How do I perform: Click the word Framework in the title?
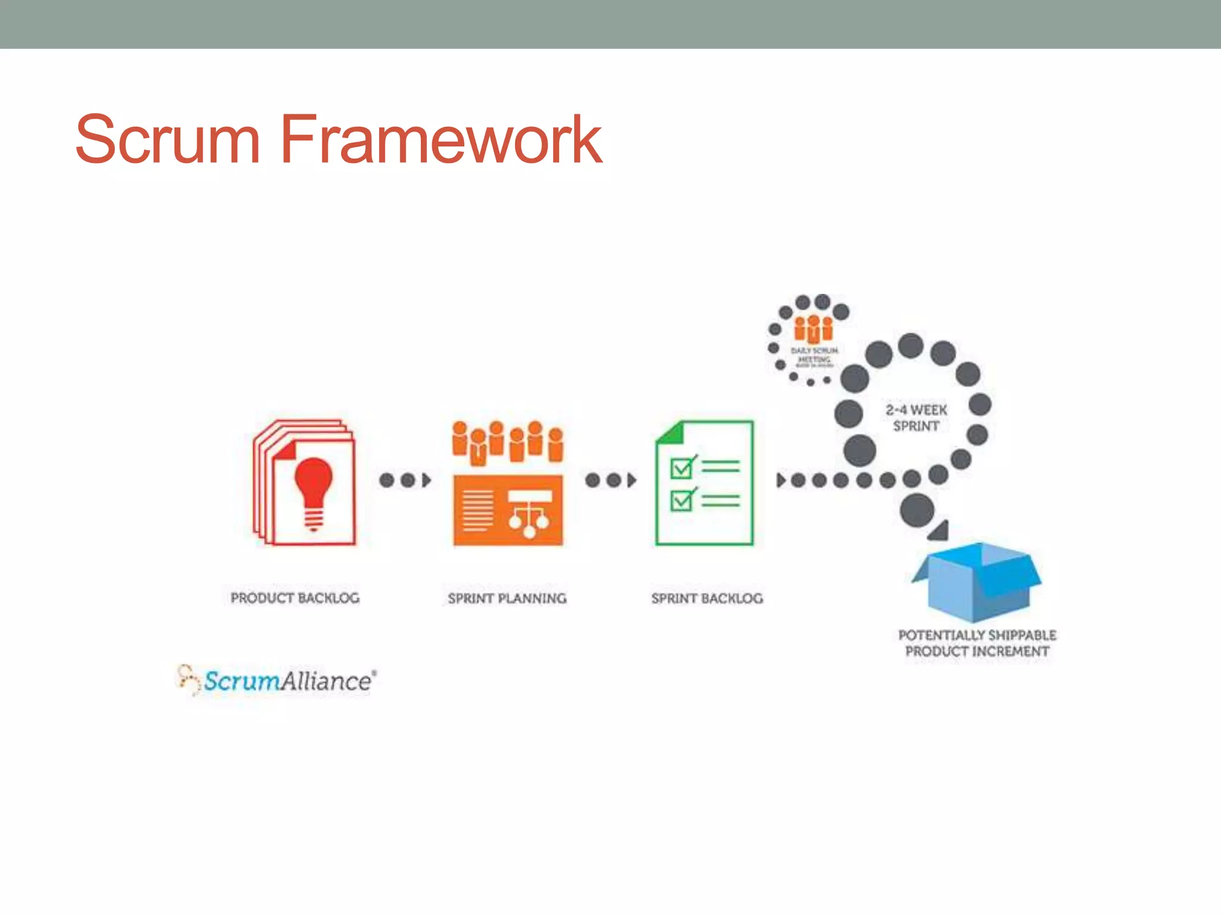[441, 140]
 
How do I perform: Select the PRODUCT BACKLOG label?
[295, 597]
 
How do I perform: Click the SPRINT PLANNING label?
[507, 598]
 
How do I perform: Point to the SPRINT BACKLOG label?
[707, 598]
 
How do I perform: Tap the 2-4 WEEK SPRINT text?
[916, 418]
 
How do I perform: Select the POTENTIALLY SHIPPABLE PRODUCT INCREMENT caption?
[977, 643]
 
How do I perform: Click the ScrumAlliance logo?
[278, 680]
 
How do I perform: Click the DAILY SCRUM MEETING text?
[814, 355]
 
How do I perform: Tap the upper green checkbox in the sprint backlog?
[681, 468]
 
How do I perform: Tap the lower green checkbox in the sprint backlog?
[681, 500]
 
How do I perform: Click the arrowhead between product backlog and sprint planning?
[426, 480]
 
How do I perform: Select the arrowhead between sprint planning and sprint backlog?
[631, 480]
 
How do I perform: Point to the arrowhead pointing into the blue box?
[940, 531]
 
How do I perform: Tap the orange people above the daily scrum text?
[813, 329]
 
